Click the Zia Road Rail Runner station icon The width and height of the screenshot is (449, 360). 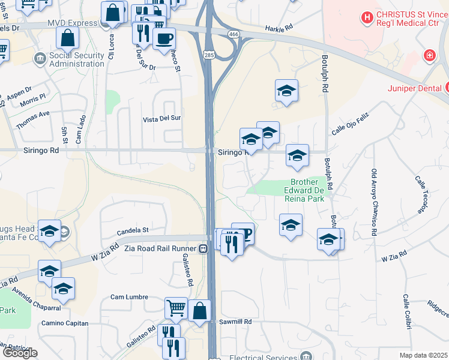pyautogui.click(x=203, y=248)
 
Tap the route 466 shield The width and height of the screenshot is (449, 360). pyautogui.click(x=232, y=34)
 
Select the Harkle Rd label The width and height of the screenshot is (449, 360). pyautogui.click(x=279, y=28)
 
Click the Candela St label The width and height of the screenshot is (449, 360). pyautogui.click(x=132, y=230)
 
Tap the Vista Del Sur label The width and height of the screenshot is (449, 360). pyautogui.click(x=161, y=119)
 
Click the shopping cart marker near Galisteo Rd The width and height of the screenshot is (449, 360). pyautogui.click(x=176, y=308)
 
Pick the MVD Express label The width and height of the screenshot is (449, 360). pyautogui.click(x=74, y=23)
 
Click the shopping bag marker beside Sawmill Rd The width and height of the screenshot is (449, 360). pyautogui.click(x=200, y=311)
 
